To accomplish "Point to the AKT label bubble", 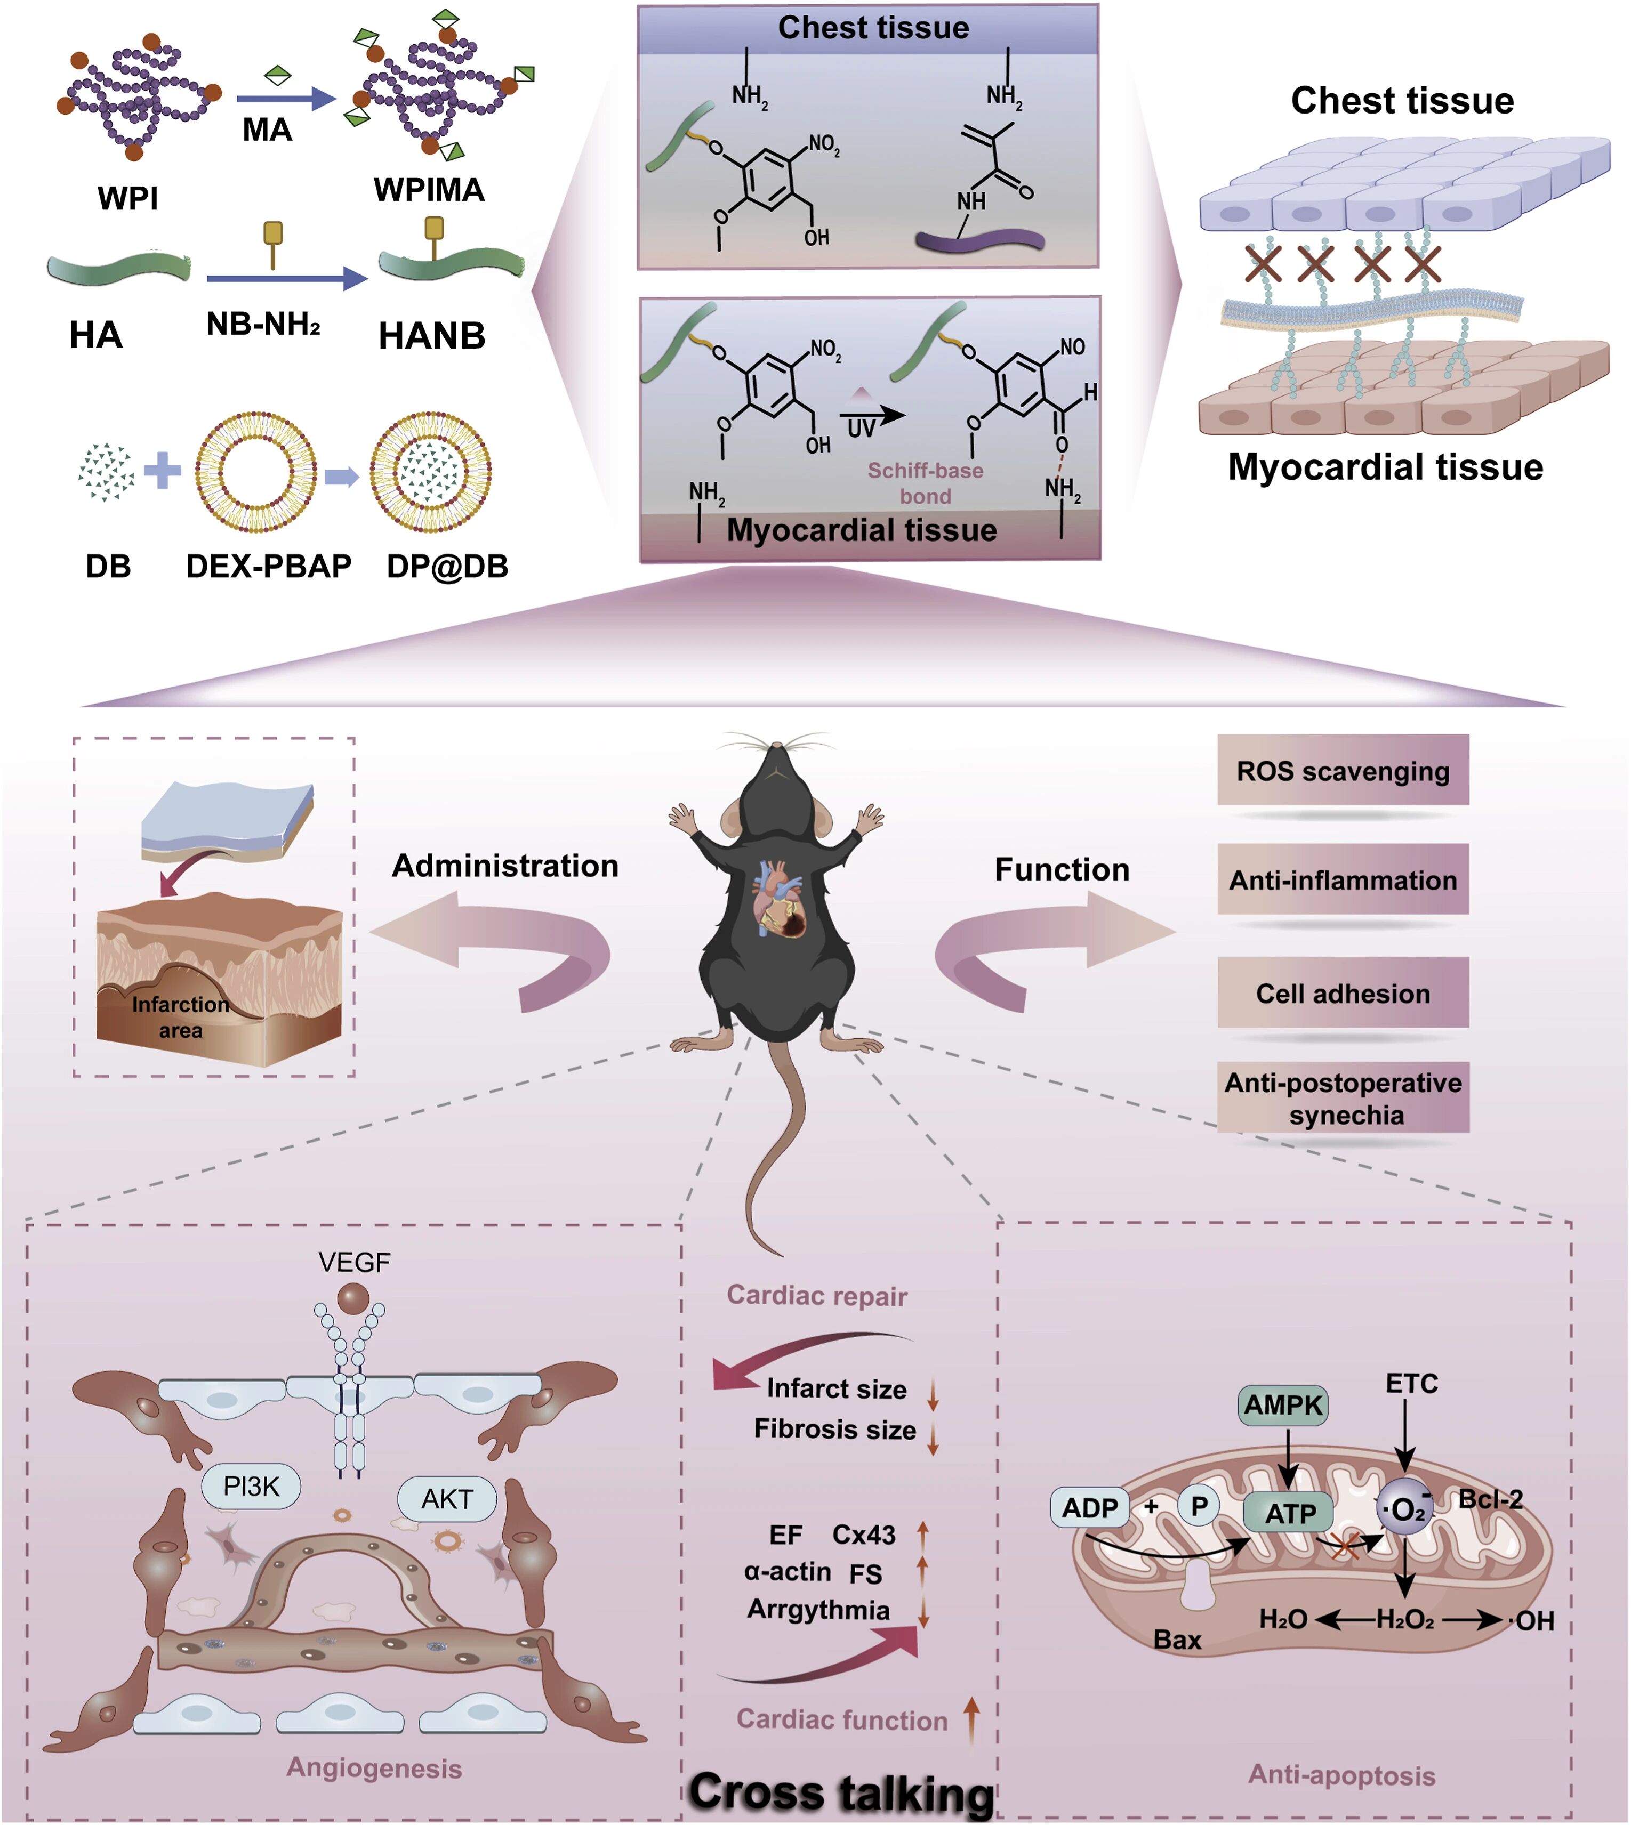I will (446, 1498).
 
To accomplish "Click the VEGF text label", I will (354, 1262).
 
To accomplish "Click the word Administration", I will (504, 866).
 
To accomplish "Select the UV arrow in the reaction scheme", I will (871, 417).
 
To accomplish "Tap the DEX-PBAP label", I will (268, 566).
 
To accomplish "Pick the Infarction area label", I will (180, 1017).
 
